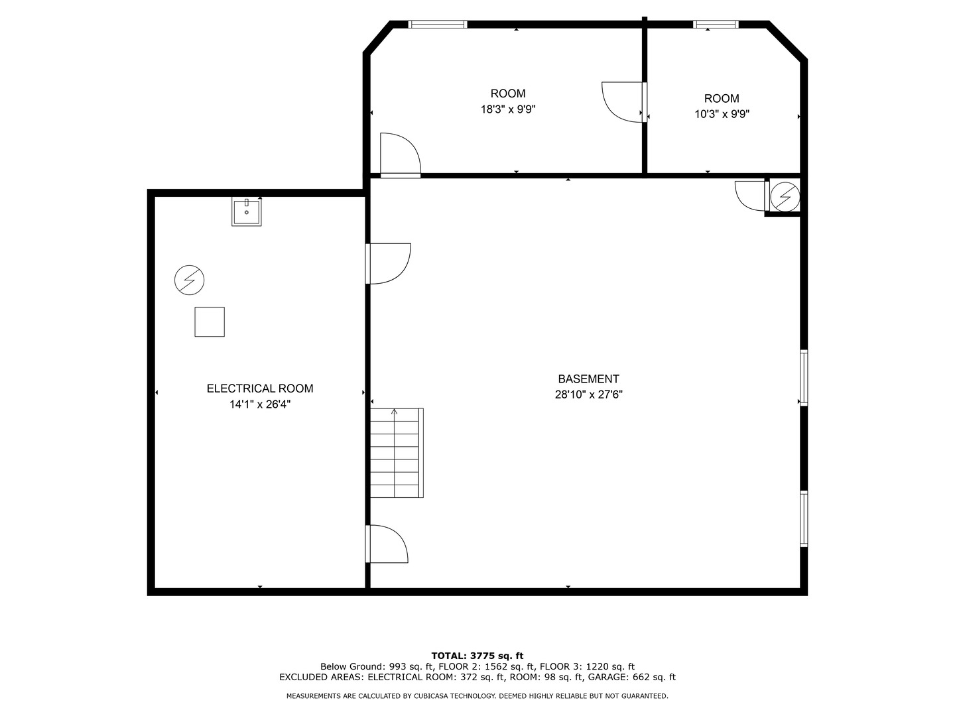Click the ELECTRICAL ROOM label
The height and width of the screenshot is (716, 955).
260,388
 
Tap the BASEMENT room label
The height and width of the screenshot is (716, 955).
588,379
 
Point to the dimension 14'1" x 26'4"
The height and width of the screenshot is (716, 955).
260,404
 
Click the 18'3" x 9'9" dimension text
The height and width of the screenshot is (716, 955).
508,109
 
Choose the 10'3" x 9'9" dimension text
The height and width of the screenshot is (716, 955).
722,114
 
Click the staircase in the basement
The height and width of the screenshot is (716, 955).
396,453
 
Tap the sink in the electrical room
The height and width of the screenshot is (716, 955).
246,211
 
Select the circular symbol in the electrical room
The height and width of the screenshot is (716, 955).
189,281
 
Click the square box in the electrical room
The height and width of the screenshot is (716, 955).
210,322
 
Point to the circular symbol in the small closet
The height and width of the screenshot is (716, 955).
786,196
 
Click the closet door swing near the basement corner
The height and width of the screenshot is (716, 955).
751,195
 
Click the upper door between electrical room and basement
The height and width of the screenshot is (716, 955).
389,263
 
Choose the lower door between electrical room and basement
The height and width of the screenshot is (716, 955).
387,544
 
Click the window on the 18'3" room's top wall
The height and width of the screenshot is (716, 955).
438,25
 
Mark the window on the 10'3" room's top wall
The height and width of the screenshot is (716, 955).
716,25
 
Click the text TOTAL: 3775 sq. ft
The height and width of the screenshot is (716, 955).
477,656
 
